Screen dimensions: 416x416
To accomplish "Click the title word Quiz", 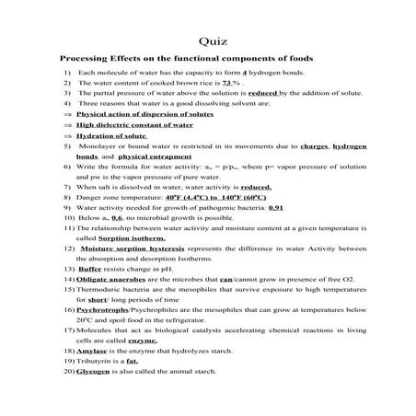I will [208, 40].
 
